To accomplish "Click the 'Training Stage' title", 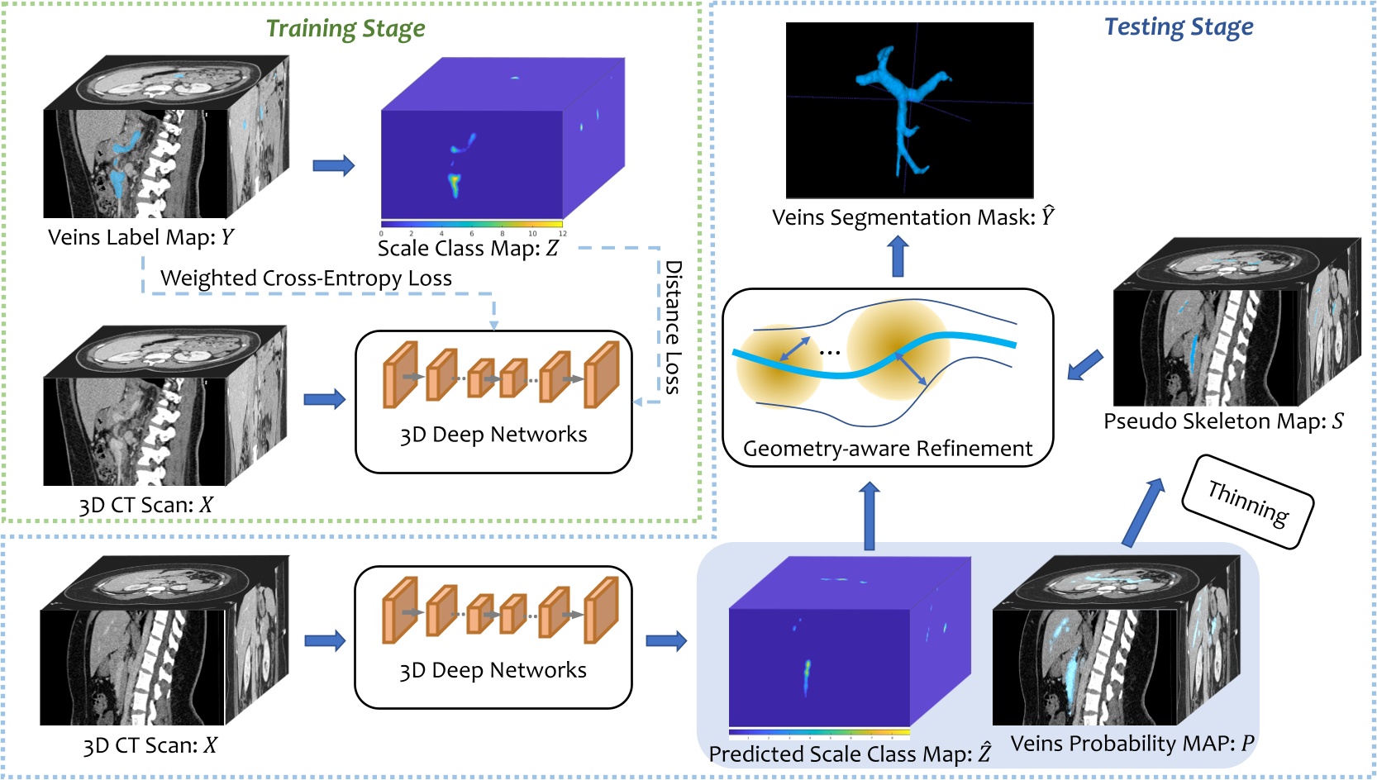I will (x=345, y=29).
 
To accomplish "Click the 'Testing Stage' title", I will (x=1179, y=27).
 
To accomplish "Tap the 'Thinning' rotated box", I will (x=1248, y=502).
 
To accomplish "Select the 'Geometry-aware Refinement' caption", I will (x=888, y=449).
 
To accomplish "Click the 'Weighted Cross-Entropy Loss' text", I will (x=306, y=278).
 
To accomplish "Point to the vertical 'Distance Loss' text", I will (x=674, y=327).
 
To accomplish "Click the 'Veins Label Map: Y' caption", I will (x=141, y=238).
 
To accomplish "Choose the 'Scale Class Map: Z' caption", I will (x=468, y=249).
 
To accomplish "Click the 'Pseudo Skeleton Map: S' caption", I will (x=1223, y=421).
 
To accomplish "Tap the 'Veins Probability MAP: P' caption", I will (x=1132, y=744).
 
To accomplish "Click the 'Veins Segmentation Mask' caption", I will (x=913, y=217).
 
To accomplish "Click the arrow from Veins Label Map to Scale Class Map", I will (x=333, y=166).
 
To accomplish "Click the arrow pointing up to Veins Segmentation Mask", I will (x=898, y=257).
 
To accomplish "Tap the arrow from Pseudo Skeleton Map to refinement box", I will (x=1084, y=365).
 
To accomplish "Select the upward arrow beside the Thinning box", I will (x=1144, y=512).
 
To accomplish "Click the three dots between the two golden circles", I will (x=830, y=353).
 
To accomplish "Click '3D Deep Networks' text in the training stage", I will (x=493, y=435).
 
